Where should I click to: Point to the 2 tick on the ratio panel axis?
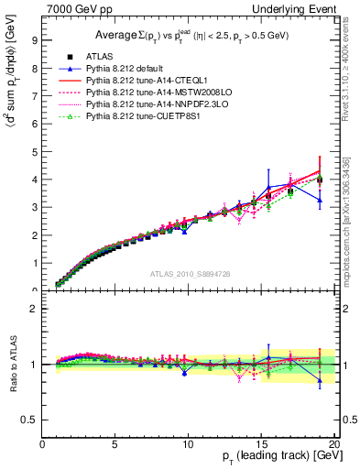pos(35,309)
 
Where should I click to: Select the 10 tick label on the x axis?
pos(188,446)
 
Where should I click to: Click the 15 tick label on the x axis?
pos(260,446)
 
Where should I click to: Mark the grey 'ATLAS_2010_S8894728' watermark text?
pos(190,274)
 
